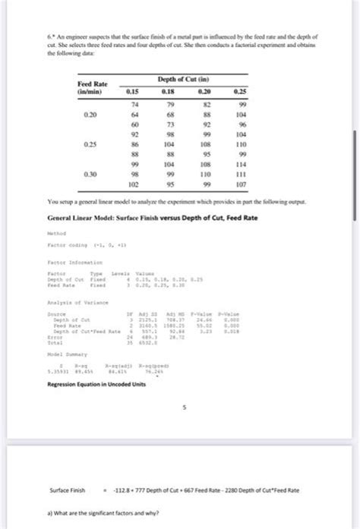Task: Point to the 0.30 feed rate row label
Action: click(x=90, y=173)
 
